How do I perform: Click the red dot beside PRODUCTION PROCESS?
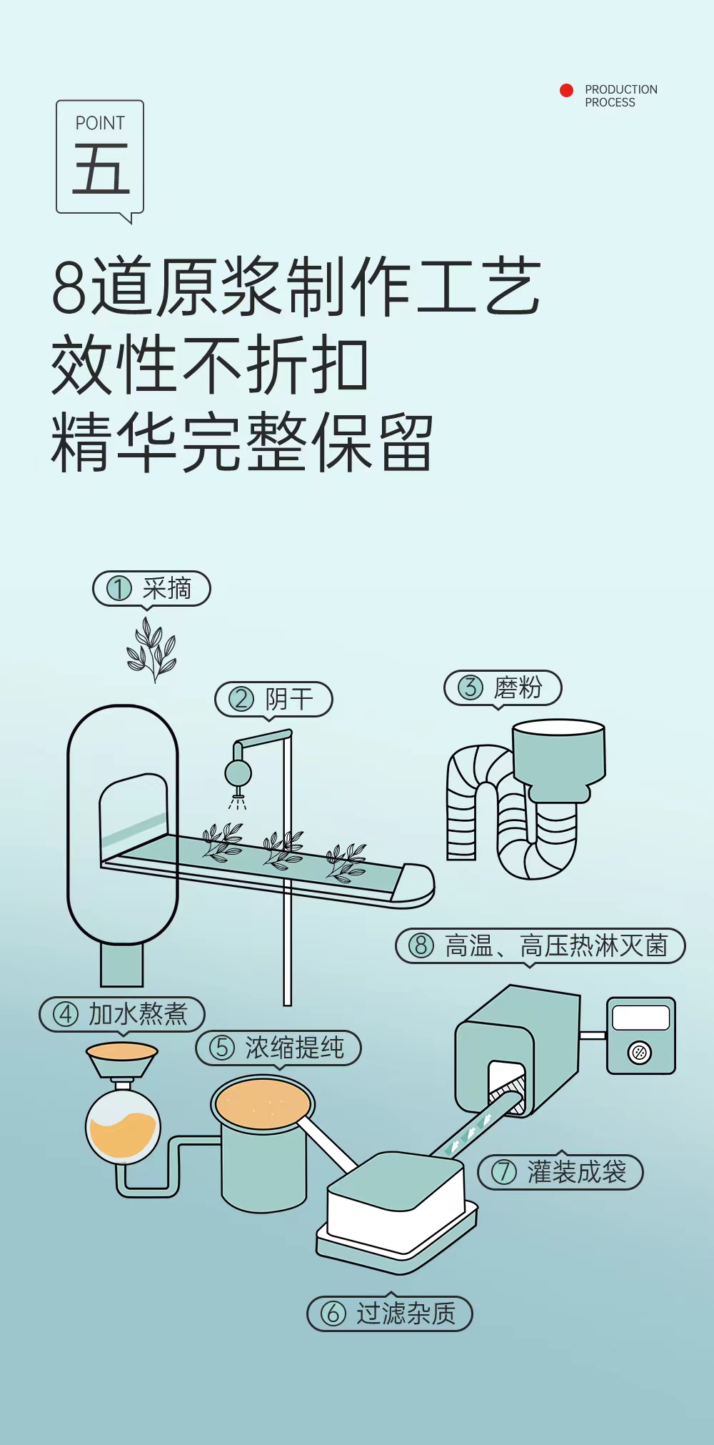point(566,90)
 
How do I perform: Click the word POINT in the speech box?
point(100,124)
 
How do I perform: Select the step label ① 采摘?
point(151,589)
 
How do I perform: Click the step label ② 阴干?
point(273,699)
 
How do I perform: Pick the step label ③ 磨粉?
point(503,687)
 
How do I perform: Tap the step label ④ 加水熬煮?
point(122,1014)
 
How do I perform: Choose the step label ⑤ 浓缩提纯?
point(278,1048)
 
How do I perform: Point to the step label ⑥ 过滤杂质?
point(390,1314)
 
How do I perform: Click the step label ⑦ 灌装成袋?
point(560,1172)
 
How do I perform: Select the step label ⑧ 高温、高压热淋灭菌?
point(540,945)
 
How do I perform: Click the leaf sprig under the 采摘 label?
point(151,650)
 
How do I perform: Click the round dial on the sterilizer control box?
point(640,1052)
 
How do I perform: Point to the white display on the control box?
point(641,1018)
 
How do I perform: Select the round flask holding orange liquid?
point(123,1127)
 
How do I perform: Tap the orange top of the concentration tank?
point(263,1104)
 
